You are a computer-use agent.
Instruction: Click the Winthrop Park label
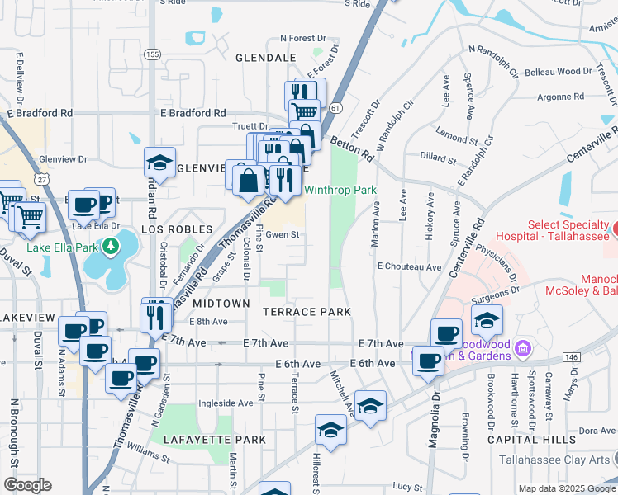pos(340,191)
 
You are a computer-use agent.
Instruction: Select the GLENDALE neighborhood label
pos(265,59)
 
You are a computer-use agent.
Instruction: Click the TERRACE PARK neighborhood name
pos(307,312)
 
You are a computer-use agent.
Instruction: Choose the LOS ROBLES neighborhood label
pos(177,229)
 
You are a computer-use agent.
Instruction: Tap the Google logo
pos(27,485)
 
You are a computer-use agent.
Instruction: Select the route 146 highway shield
pos(572,355)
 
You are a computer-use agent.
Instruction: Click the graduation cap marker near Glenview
pos(160,163)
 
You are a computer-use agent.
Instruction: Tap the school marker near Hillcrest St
pos(330,431)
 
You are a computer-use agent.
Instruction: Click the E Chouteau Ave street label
pos(409,267)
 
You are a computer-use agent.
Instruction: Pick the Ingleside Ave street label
pos(226,403)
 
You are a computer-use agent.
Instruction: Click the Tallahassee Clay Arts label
pos(565,460)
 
